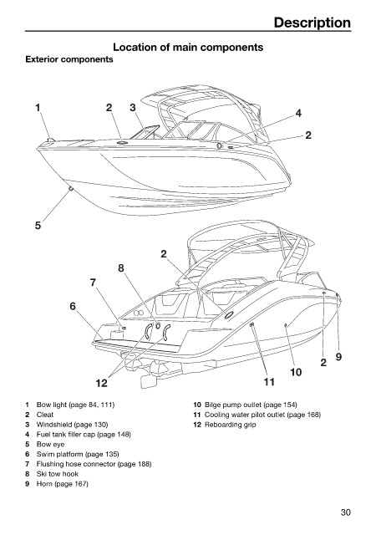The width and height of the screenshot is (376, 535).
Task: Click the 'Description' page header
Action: pos(312,23)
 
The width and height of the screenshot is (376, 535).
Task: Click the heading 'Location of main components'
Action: pos(188,47)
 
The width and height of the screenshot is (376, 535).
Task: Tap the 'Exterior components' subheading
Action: pos(69,59)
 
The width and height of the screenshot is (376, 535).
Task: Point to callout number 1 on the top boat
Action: pos(38,108)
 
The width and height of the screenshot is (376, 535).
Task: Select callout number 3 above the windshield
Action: pos(132,108)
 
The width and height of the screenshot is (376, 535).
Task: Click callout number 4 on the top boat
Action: pos(298,114)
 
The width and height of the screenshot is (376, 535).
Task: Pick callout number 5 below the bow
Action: pos(38,225)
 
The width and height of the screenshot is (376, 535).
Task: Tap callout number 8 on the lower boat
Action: pos(121,268)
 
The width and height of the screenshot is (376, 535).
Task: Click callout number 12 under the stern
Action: pos(101,383)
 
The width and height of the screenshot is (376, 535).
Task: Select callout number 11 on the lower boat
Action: pos(269,382)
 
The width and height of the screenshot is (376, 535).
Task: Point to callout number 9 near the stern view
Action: pos(338,357)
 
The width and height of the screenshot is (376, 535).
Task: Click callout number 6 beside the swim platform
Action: pos(73,307)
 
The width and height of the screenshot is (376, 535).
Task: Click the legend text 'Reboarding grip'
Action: pos(230,425)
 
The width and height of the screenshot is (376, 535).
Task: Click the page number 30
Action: pos(345,512)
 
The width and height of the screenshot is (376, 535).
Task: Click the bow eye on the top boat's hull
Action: pos(71,189)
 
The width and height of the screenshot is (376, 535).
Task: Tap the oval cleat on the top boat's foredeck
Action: pos(122,142)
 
